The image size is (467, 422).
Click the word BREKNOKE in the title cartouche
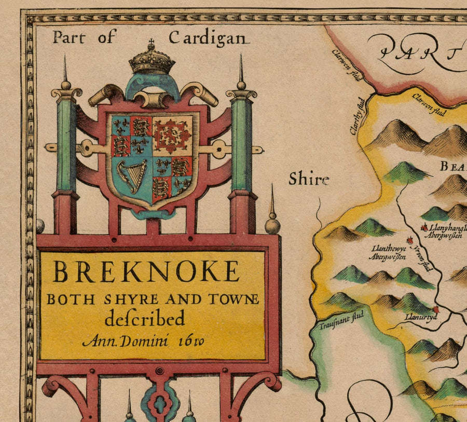[x=146, y=271]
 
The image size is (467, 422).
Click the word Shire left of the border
[x=309, y=180]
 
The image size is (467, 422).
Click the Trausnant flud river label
[x=341, y=320]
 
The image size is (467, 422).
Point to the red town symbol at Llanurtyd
[x=435, y=310]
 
